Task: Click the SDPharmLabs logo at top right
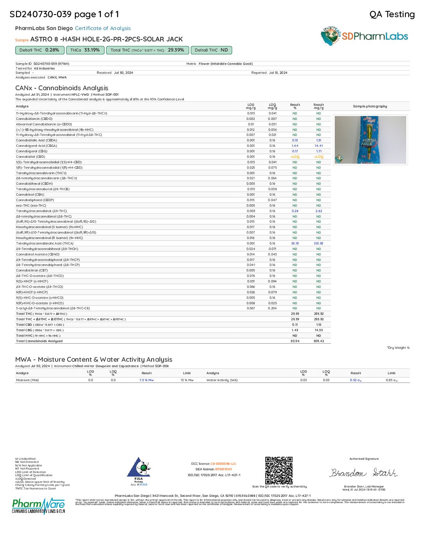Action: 364,36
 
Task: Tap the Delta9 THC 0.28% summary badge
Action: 39,50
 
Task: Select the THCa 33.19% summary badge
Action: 85,50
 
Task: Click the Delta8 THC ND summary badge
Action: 211,50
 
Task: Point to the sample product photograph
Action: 370,140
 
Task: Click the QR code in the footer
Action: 279,470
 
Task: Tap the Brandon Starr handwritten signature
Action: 364,473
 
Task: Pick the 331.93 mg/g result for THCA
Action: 319,243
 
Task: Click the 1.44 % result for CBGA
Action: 295,146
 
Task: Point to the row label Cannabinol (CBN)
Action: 30,195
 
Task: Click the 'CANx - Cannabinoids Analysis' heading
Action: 62,88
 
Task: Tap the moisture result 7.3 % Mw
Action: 146,380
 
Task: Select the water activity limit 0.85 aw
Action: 392,380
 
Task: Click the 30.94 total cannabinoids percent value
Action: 295,341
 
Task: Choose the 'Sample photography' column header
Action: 370,106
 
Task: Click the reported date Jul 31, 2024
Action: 278,73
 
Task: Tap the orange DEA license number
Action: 223,469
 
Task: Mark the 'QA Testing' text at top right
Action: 392,14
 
